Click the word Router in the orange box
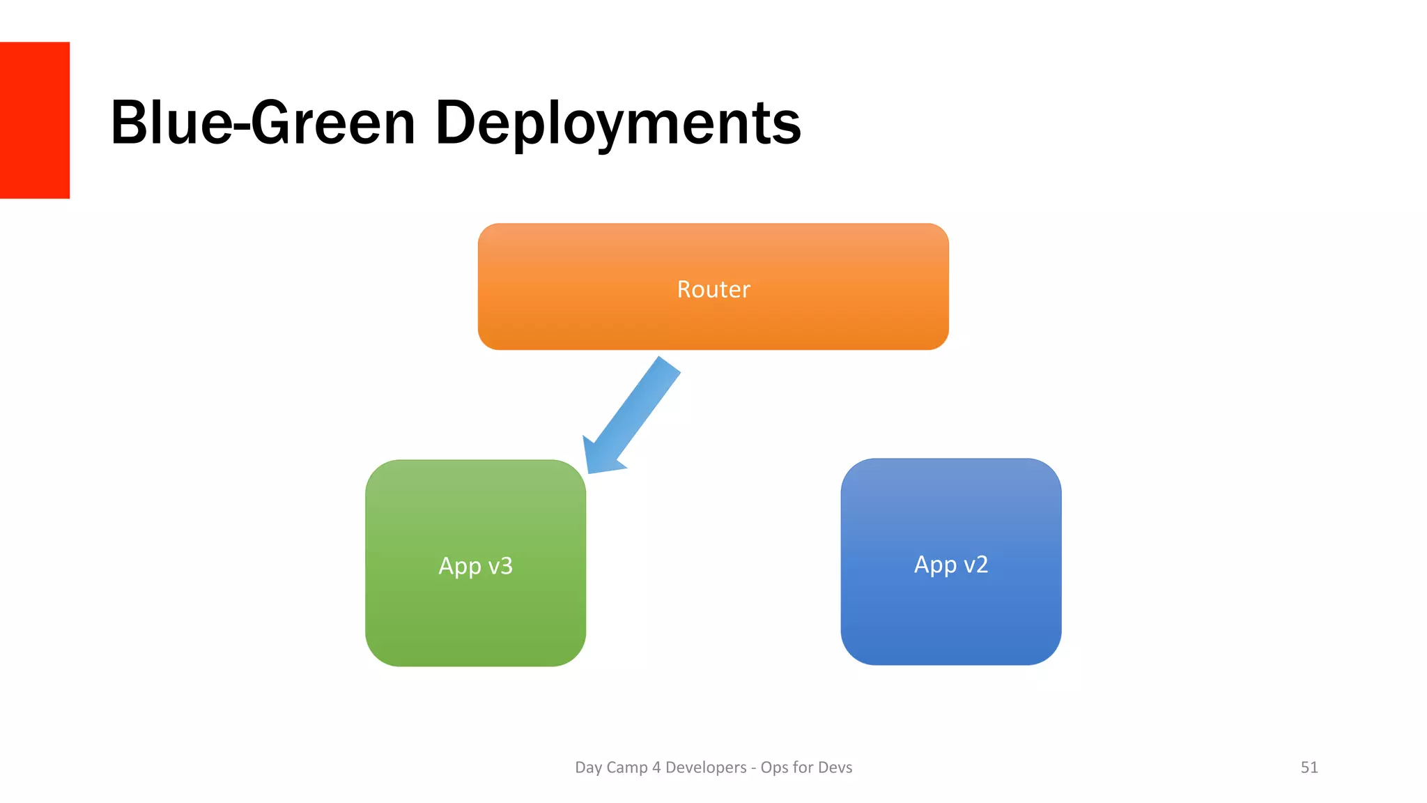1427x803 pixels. [x=713, y=289]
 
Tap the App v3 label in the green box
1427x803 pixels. [x=475, y=565]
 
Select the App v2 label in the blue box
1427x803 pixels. [x=950, y=564]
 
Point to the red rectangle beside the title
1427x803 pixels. [x=35, y=120]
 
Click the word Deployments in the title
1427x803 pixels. [x=617, y=123]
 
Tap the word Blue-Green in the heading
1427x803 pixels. [x=263, y=123]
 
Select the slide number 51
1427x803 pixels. [x=1309, y=767]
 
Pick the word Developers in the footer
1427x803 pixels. [x=705, y=767]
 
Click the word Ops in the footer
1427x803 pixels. [x=774, y=768]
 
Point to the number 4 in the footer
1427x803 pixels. [x=656, y=767]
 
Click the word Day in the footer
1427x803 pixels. [x=588, y=767]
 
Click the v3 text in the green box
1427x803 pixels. [x=500, y=565]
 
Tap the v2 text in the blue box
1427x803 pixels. [x=975, y=564]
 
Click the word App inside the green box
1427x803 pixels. [x=459, y=566]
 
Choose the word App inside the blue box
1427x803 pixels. [x=935, y=565]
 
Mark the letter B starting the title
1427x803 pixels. [x=128, y=123]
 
